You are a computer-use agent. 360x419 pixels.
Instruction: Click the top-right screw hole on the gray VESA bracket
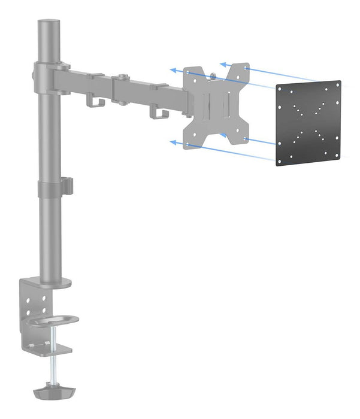[x=246, y=69]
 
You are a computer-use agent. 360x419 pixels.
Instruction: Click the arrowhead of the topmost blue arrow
[x=222, y=63]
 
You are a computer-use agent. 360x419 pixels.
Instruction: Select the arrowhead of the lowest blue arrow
[x=173, y=142]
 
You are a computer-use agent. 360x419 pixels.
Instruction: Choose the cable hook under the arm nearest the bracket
[x=157, y=112]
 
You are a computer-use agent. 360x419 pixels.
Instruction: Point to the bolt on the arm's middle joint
[x=122, y=76]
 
